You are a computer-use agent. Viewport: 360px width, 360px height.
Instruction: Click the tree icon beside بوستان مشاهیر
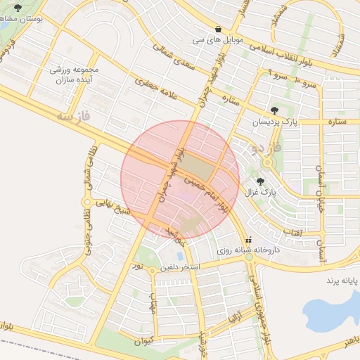coord(18,8)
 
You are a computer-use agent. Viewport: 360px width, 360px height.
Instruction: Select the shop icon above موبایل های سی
coord(219,29)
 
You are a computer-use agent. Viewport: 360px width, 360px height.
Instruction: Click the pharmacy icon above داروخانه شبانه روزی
coord(248,239)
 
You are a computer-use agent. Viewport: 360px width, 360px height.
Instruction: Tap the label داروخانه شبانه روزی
coord(247,250)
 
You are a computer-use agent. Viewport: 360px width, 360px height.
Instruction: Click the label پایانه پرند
coord(341,281)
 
